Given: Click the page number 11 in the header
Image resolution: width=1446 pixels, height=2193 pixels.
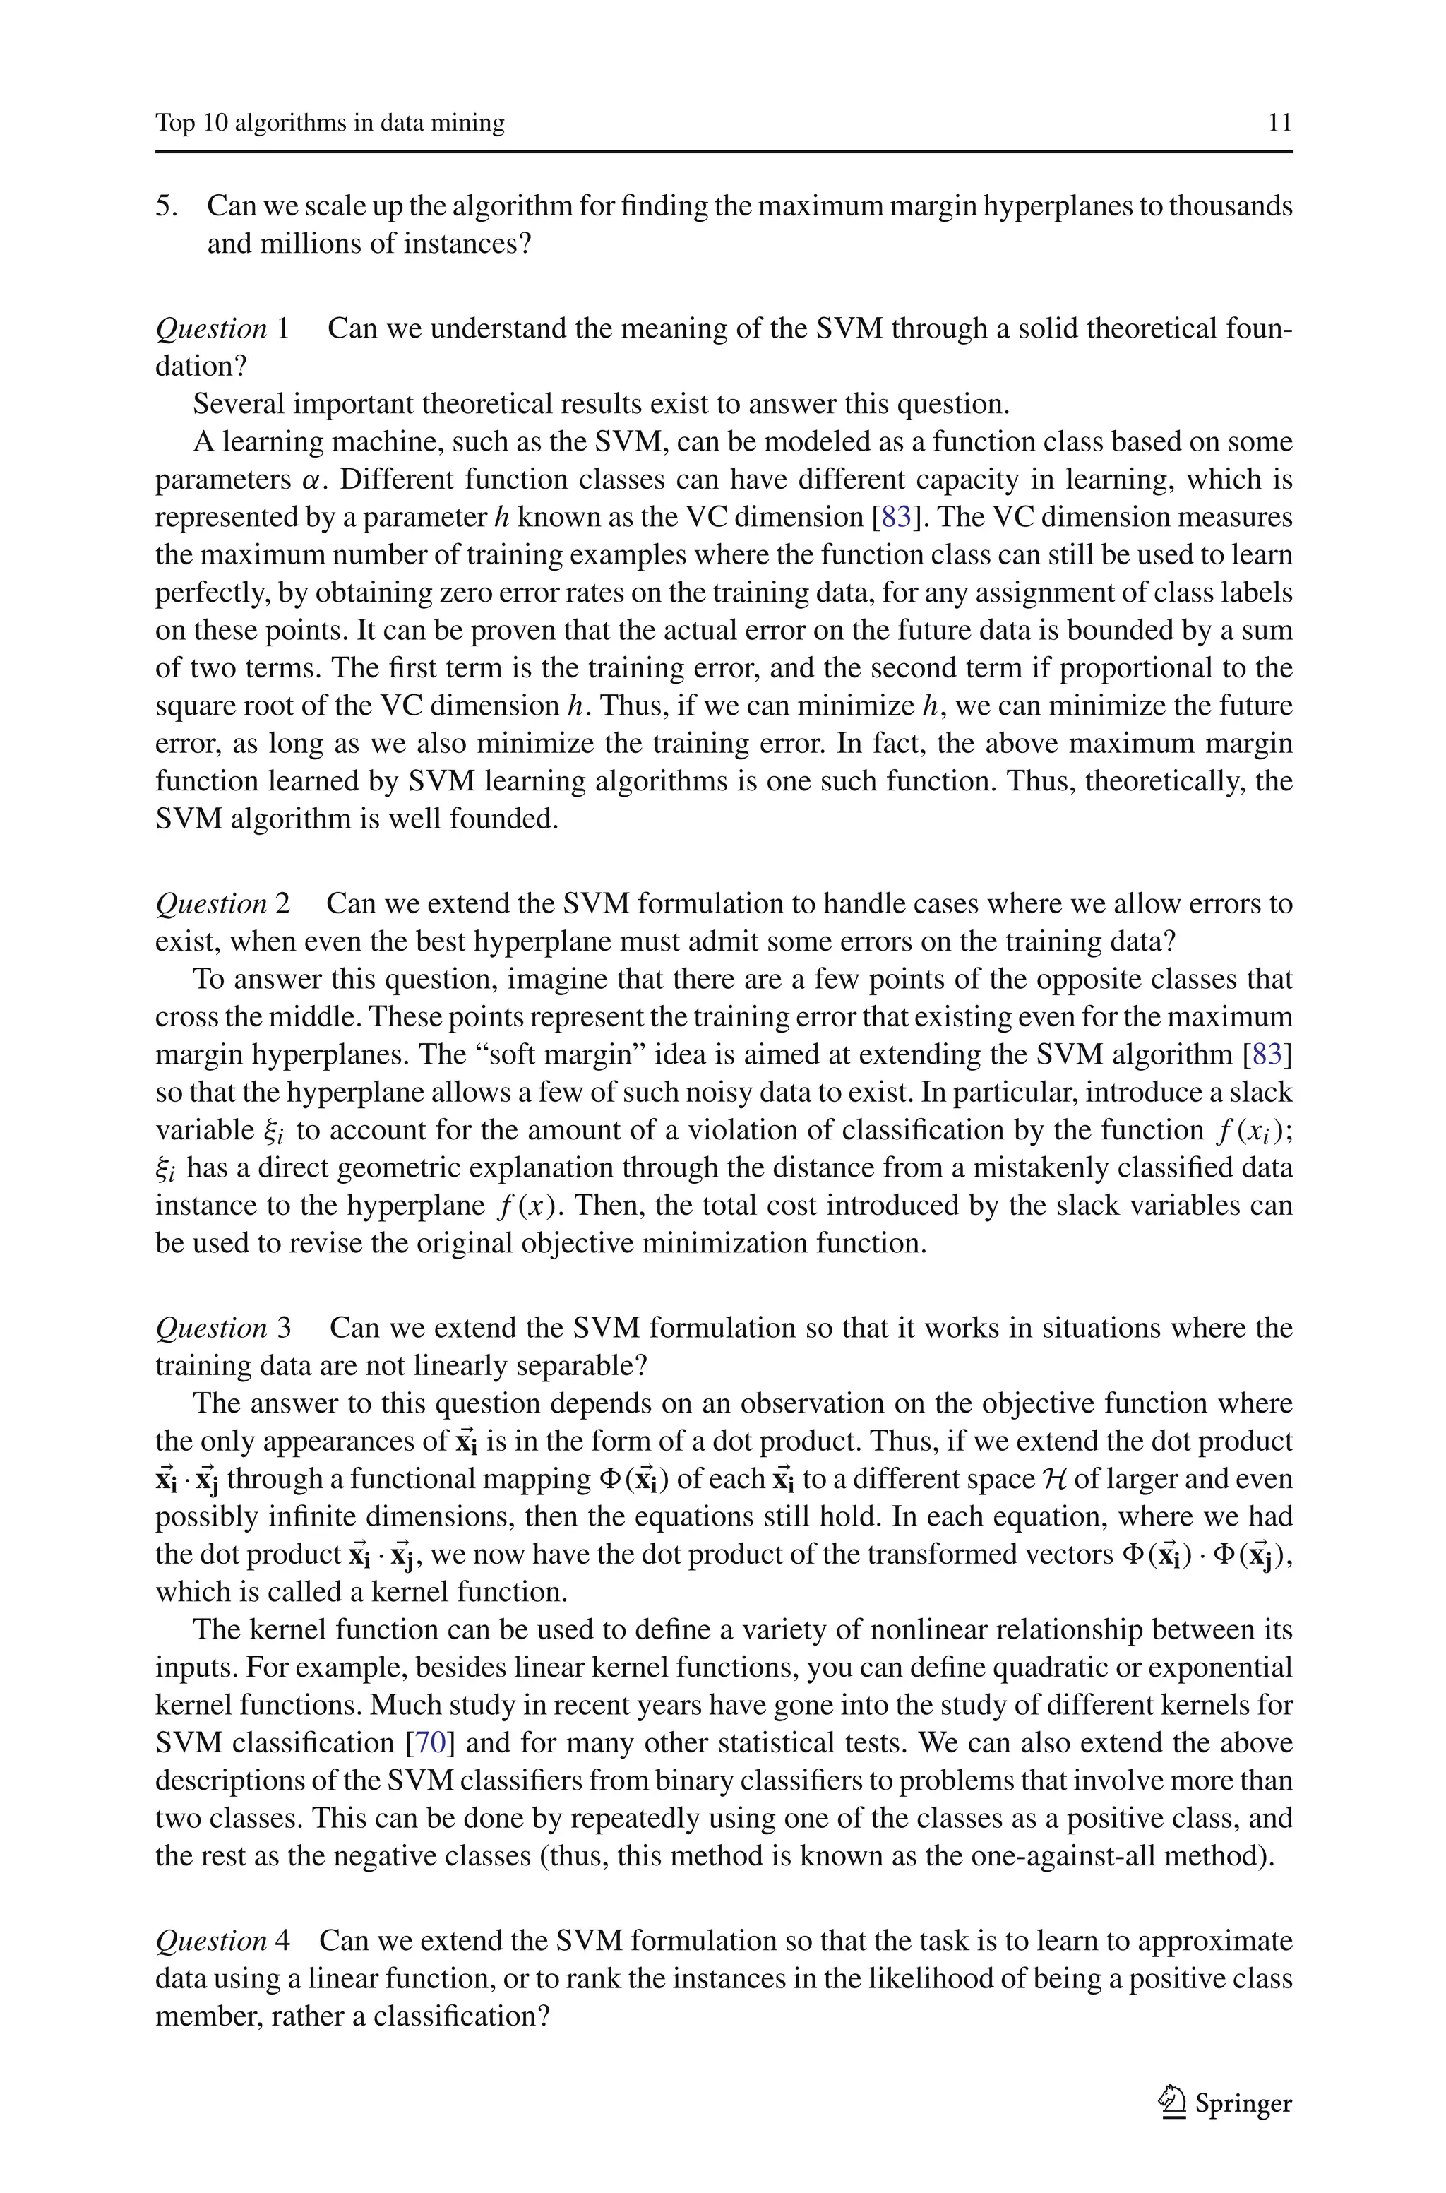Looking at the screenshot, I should [1279, 123].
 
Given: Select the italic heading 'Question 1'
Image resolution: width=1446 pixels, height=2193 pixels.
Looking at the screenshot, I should [222, 328].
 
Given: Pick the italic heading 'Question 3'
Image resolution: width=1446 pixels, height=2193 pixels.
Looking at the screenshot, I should [222, 1328].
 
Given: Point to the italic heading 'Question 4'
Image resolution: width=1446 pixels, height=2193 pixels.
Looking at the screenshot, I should [222, 1940].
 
